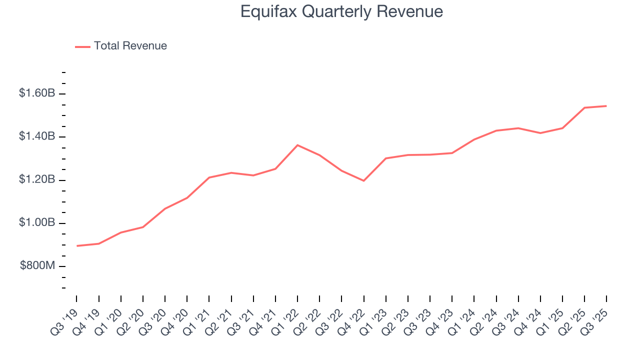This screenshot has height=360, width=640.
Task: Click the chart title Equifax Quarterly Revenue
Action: click(x=341, y=11)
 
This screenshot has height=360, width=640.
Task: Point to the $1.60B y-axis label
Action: click(x=37, y=93)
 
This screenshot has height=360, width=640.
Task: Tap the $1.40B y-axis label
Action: click(x=37, y=137)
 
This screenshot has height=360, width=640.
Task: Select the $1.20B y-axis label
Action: click(x=37, y=180)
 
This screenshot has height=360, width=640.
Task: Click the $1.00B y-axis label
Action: click(x=37, y=223)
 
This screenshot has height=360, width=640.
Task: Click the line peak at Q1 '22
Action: click(x=297, y=145)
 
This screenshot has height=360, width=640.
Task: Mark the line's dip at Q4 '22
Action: click(x=363, y=180)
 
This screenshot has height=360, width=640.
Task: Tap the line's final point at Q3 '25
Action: click(x=606, y=106)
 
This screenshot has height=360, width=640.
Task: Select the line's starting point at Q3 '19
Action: click(x=77, y=246)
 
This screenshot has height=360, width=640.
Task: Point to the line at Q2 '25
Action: click(x=584, y=107)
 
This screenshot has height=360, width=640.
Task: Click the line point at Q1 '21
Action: click(x=209, y=177)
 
